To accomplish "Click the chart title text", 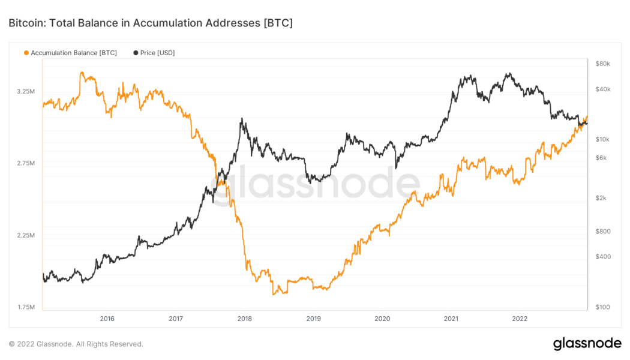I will coord(151,23).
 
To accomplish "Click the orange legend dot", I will coord(26,53).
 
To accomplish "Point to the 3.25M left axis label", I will coord(25,91).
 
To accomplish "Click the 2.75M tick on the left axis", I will coord(25,163).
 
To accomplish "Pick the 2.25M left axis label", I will coord(25,235).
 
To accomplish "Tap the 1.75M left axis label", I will coord(25,307).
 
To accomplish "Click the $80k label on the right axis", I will coord(602,64).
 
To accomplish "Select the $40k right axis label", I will coord(602,89).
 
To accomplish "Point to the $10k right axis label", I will coord(602,139).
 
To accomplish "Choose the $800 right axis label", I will coord(602,232).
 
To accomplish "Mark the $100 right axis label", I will coord(602,307).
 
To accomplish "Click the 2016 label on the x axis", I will coord(107,319).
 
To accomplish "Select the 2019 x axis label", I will coord(313,319).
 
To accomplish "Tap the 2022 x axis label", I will coord(520,319).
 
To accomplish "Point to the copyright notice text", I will coord(76,344).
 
